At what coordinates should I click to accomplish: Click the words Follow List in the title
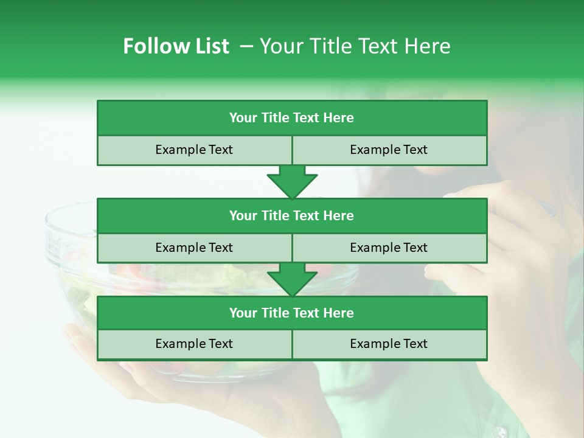[x=176, y=46]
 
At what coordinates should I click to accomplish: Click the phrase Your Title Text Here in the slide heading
[x=355, y=46]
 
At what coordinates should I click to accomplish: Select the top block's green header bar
[x=292, y=118]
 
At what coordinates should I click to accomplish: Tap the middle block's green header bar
[x=292, y=216]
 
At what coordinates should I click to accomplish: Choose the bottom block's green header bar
[x=292, y=313]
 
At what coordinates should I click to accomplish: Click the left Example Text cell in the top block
[x=194, y=150]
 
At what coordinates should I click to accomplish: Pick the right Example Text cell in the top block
[x=389, y=150]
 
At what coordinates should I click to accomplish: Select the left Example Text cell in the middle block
[x=194, y=248]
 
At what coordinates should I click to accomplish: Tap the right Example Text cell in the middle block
[x=389, y=248]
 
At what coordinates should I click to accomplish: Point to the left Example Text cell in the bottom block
[x=194, y=344]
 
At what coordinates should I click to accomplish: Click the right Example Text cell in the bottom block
[x=389, y=344]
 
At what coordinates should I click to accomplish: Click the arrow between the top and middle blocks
[x=292, y=182]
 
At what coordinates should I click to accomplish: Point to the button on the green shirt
[x=500, y=433]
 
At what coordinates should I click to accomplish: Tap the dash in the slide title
[x=246, y=46]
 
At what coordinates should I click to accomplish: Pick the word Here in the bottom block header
[x=339, y=313]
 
